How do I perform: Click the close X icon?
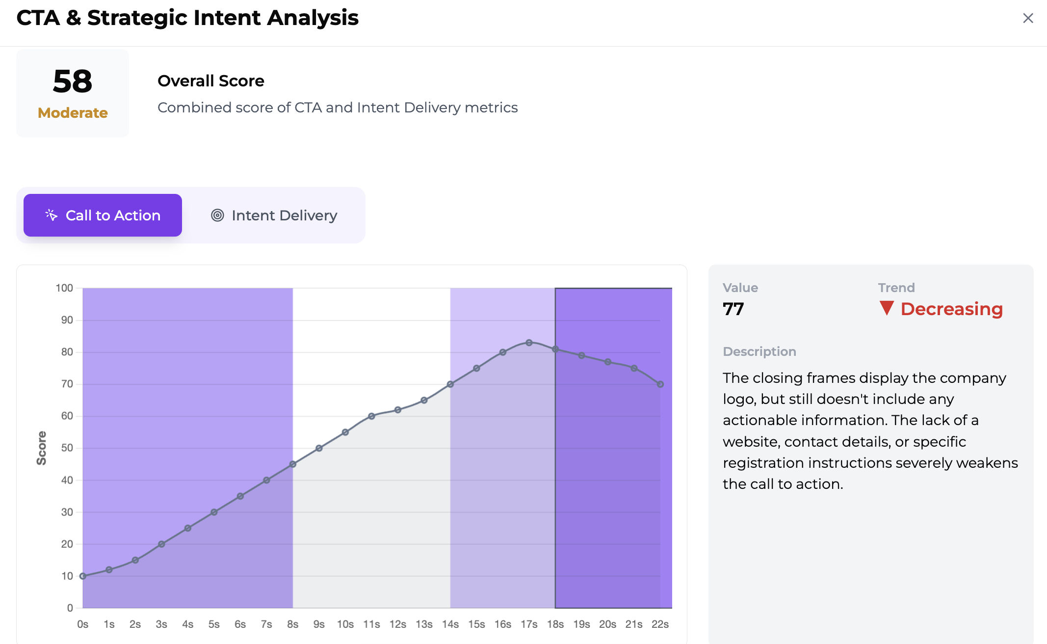[1028, 18]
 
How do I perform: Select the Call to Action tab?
[103, 215]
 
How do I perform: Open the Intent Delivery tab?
[274, 215]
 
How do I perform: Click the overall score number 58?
[73, 81]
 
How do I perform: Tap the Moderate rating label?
[73, 113]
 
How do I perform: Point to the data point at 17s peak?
[529, 343]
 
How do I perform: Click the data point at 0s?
[83, 576]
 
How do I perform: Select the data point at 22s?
[660, 384]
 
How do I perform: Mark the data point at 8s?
[293, 464]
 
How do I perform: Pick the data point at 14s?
[450, 384]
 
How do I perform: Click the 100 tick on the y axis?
[64, 288]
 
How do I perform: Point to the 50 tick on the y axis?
[67, 448]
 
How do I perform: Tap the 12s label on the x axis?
[398, 624]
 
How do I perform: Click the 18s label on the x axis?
[555, 624]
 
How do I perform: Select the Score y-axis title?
[42, 448]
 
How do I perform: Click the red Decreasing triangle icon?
[887, 308]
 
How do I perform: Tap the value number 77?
[733, 309]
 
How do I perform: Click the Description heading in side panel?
[759, 351]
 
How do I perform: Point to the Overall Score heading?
[211, 81]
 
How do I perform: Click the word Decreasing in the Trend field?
[952, 309]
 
